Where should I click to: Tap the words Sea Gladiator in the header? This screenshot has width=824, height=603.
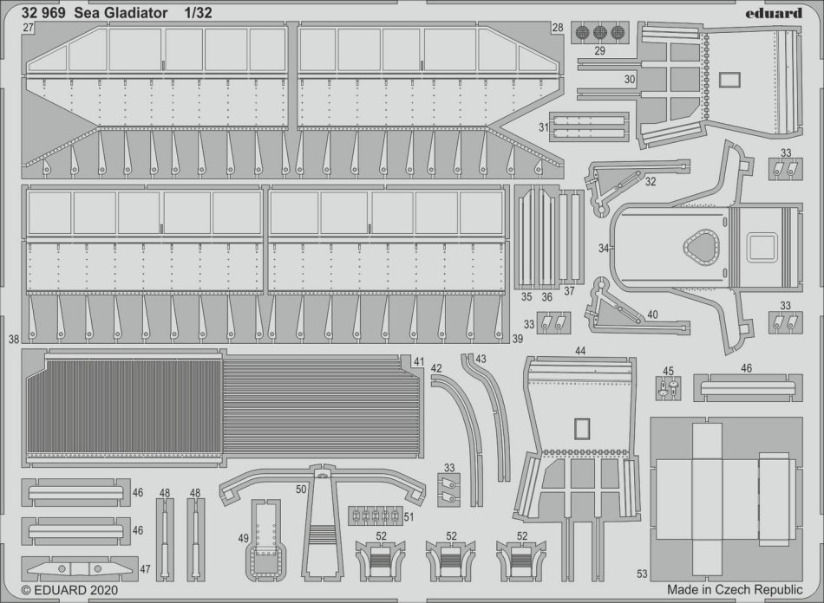point(128,12)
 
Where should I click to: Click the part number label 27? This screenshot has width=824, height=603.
point(29,29)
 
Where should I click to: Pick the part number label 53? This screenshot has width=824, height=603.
point(642,573)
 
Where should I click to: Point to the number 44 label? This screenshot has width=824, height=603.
point(580,351)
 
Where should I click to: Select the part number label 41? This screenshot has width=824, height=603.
point(419,361)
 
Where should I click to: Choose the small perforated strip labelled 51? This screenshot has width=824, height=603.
point(376,515)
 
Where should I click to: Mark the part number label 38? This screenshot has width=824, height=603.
point(13,340)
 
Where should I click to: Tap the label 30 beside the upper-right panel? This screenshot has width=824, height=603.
point(630,78)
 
